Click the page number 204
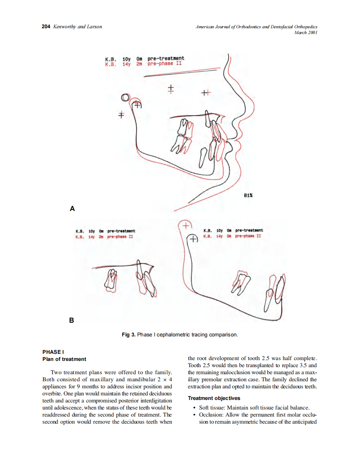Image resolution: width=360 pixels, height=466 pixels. [46, 27]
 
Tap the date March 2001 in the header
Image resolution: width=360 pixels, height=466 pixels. [306, 32]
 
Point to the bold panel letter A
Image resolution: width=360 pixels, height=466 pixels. [72, 208]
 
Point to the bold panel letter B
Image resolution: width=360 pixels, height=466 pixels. [72, 320]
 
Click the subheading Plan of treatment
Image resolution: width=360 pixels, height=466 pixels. [64, 359]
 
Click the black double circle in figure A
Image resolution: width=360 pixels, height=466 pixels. [125, 98]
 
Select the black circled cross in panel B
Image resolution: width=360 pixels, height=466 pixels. [192, 239]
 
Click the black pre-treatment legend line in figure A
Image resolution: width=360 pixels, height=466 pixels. [144, 59]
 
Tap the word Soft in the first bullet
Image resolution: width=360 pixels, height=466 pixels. [204, 407]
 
